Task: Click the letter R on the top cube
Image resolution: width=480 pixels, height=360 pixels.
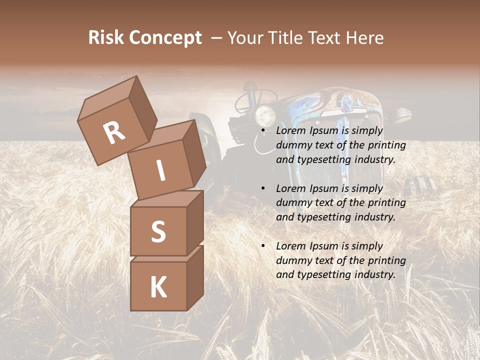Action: tap(114, 132)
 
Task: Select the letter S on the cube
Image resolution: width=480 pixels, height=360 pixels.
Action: tap(158, 231)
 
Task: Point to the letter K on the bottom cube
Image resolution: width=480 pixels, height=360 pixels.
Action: tap(158, 287)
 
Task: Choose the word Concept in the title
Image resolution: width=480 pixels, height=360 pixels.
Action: tap(165, 38)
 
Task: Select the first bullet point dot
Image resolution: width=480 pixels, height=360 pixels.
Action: tap(263, 131)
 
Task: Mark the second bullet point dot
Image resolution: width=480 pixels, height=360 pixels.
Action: tap(263, 189)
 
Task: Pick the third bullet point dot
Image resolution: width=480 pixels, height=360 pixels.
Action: tap(263, 246)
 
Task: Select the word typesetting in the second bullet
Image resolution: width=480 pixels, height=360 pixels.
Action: tap(330, 217)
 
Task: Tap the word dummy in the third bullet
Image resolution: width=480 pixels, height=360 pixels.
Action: tap(292, 260)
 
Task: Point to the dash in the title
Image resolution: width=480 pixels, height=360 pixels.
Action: tap(217, 38)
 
